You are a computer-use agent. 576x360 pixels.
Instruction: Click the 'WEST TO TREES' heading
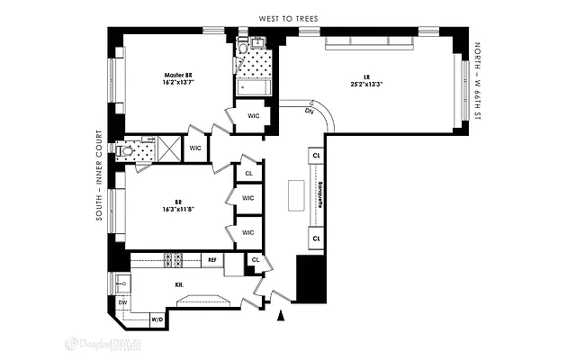click(x=289, y=18)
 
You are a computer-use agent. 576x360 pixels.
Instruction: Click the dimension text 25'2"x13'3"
click(x=367, y=84)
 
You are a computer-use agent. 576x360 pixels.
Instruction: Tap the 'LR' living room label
click(x=367, y=76)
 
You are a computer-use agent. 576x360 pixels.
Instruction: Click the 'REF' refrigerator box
click(x=212, y=260)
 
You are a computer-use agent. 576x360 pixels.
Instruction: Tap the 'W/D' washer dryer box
click(x=156, y=319)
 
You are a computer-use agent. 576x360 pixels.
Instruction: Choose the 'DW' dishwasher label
click(x=121, y=303)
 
